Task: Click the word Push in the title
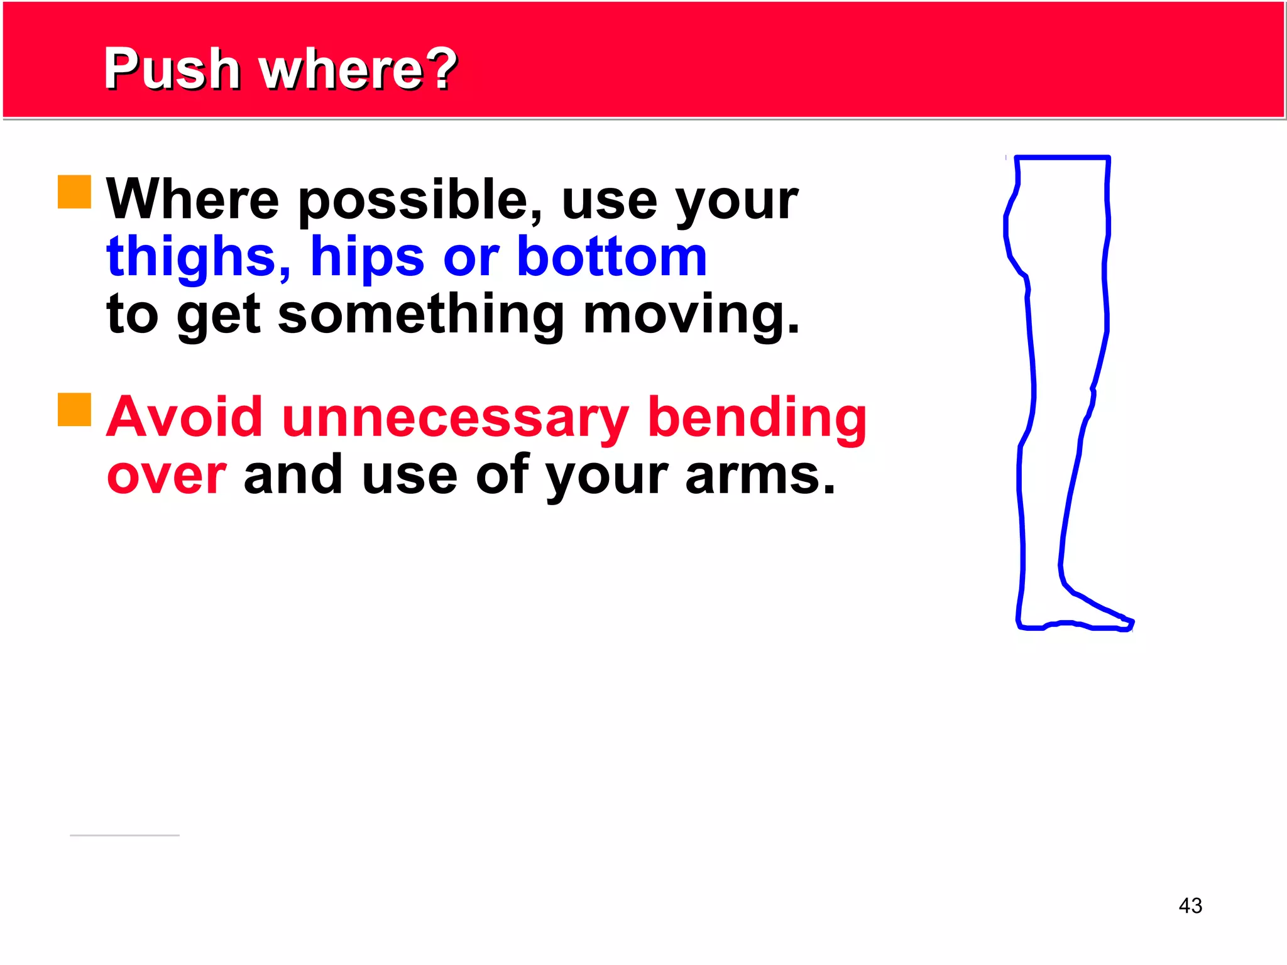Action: point(172,69)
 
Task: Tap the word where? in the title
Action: point(358,69)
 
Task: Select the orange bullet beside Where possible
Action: point(74,192)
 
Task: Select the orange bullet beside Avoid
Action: point(74,410)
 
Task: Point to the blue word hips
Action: point(368,258)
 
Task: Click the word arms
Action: point(760,476)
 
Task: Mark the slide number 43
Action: point(1190,905)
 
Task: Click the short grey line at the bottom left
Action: point(124,836)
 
